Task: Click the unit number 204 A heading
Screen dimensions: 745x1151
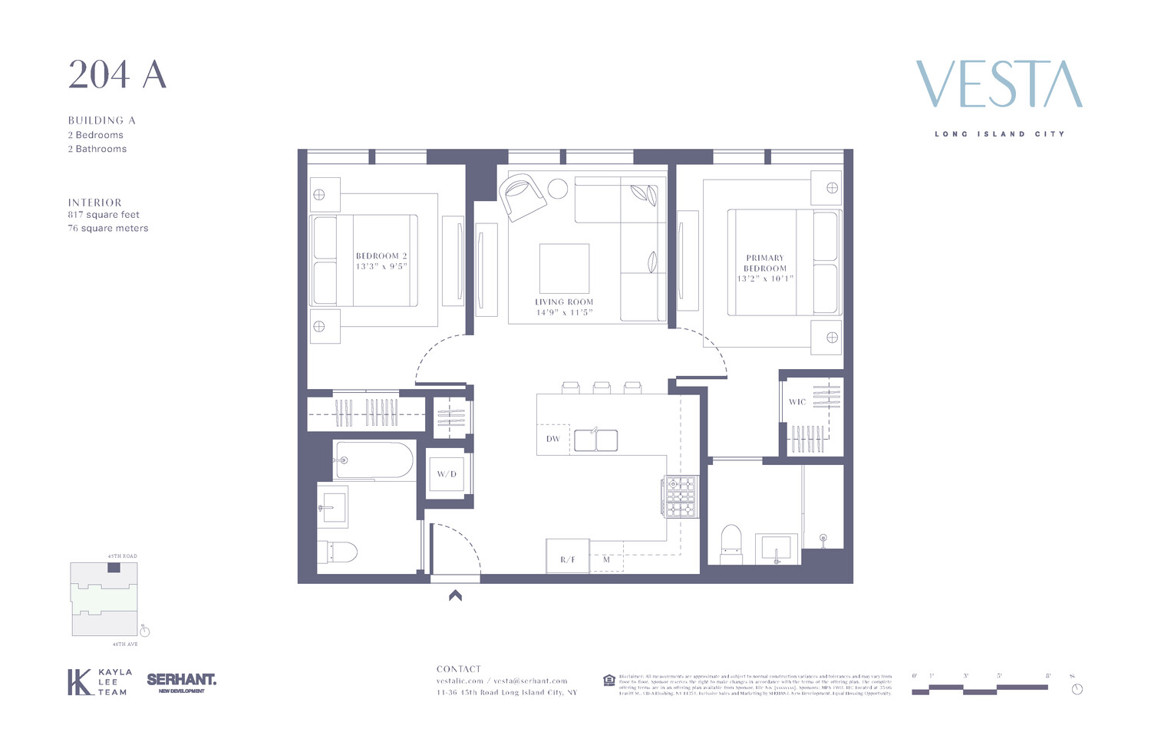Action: pyautogui.click(x=117, y=75)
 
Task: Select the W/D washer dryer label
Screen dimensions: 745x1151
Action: pyautogui.click(x=447, y=474)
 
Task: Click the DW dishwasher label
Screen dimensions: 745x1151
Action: pyautogui.click(x=552, y=439)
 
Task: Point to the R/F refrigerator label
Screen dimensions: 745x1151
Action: pyautogui.click(x=567, y=559)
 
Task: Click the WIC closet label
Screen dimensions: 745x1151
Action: pyautogui.click(x=797, y=402)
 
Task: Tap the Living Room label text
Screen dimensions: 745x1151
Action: pyautogui.click(x=564, y=302)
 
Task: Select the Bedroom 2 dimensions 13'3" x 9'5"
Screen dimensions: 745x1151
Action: pyautogui.click(x=381, y=266)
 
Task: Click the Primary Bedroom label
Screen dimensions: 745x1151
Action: pyautogui.click(x=765, y=263)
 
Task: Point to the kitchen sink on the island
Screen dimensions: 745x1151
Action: pyautogui.click(x=595, y=440)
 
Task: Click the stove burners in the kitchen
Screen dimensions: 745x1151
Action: pyautogui.click(x=681, y=497)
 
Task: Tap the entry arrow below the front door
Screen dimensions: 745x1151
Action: pyautogui.click(x=455, y=595)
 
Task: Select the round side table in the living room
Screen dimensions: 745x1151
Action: pyautogui.click(x=557, y=189)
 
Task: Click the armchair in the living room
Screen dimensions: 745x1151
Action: pyautogui.click(x=523, y=196)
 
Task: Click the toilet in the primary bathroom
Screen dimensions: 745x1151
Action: pyautogui.click(x=731, y=543)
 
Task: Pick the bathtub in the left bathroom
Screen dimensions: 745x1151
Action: pyautogui.click(x=374, y=460)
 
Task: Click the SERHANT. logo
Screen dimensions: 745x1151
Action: pyautogui.click(x=181, y=681)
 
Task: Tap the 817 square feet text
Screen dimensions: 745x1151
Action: pyautogui.click(x=104, y=215)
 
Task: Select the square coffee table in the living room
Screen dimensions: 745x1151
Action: pyautogui.click(x=564, y=269)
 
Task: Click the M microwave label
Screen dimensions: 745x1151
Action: pyautogui.click(x=606, y=559)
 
